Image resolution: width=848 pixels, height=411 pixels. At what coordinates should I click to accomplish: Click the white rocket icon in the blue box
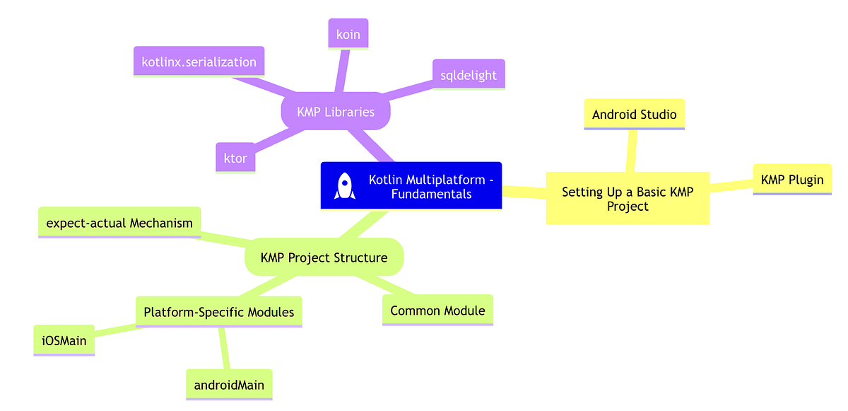coord(344,185)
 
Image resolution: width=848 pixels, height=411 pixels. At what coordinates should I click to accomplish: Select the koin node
coord(346,33)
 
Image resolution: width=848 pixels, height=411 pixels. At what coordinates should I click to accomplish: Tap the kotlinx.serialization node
coord(199,62)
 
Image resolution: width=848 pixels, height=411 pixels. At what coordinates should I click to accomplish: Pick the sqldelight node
coord(468,74)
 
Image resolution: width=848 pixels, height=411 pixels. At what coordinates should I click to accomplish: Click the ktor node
coord(235,158)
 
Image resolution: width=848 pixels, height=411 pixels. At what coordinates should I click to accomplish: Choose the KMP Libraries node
coord(336,112)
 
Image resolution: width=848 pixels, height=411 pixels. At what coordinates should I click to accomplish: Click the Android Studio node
coord(634,114)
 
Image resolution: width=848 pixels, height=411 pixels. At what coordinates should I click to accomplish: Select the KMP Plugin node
coord(791,179)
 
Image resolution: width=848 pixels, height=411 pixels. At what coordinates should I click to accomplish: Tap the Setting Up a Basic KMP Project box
coord(628,198)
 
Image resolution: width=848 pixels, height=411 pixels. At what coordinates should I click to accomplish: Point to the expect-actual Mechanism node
coord(119,223)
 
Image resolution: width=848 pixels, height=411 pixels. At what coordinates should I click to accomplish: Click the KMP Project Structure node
coord(324,257)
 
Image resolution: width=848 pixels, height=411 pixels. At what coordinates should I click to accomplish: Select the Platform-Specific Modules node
coord(218,311)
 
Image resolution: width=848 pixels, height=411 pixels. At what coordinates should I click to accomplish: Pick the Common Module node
coord(437,310)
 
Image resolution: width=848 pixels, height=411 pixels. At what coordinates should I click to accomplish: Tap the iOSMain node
coord(64,340)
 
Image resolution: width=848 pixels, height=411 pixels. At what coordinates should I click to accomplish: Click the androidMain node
coord(228,385)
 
